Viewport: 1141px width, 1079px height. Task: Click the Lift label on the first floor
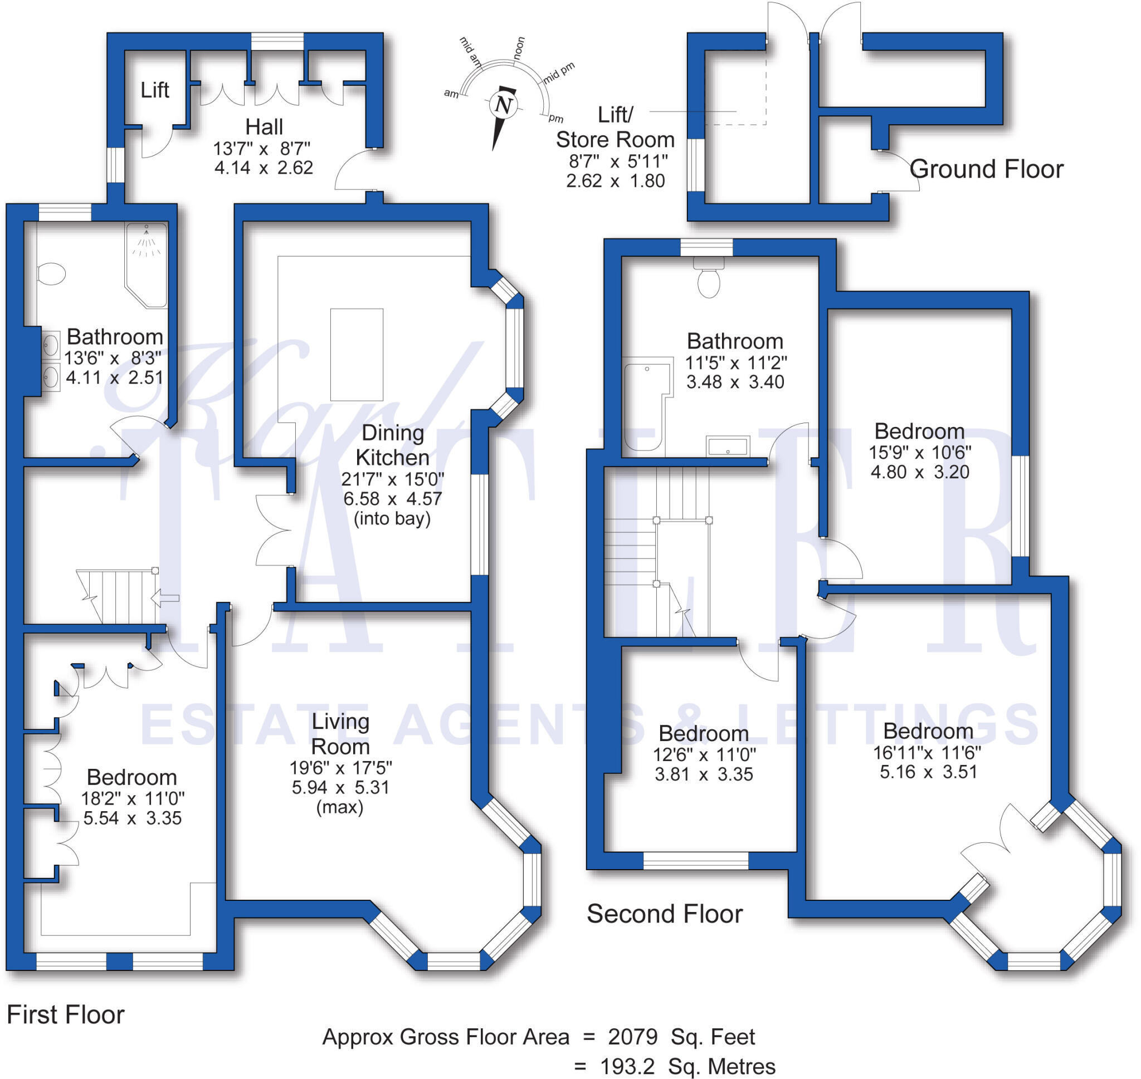155,90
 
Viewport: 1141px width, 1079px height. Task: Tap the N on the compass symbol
504,105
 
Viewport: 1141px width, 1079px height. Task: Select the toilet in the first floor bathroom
52,274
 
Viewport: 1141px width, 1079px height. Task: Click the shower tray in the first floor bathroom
147,264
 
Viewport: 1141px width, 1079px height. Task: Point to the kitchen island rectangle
356,354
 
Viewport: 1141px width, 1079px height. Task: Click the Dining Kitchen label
392,445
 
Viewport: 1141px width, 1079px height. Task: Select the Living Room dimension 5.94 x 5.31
340,787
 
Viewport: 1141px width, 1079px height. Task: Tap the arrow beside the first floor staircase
164,598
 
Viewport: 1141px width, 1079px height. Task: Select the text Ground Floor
986,169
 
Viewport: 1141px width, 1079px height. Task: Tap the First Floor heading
66,1014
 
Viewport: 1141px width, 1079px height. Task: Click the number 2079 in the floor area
632,1037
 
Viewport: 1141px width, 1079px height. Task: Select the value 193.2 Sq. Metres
687,1067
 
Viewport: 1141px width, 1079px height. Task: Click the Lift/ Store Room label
615,127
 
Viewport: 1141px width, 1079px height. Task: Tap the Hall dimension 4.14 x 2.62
264,168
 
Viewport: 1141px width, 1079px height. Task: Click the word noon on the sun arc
519,48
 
